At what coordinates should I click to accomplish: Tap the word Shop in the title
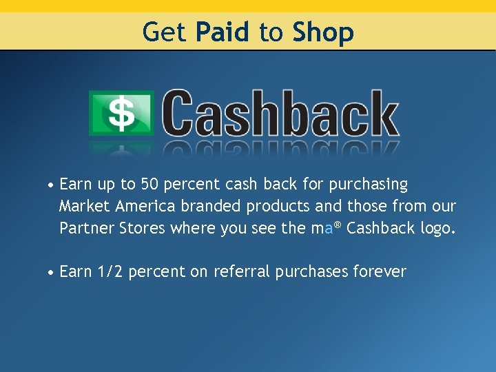point(322,32)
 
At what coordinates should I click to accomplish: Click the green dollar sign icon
point(122,114)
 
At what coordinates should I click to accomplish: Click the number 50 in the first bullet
point(149,185)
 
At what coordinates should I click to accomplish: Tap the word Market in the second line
point(85,206)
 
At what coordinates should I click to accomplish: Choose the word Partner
point(85,228)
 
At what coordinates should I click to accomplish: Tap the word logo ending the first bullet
point(436,229)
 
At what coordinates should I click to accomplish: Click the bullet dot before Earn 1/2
point(51,273)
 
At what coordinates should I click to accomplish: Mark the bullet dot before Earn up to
point(51,186)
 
